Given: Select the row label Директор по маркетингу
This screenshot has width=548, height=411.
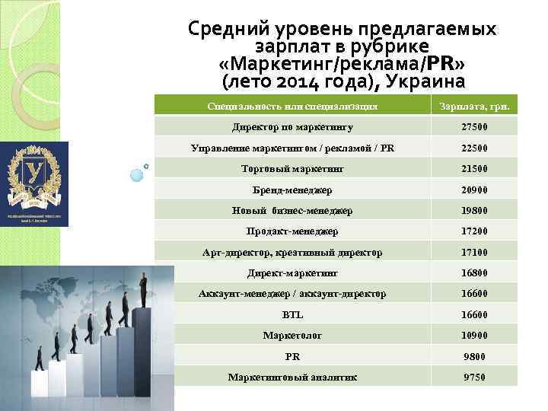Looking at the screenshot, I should (292, 127).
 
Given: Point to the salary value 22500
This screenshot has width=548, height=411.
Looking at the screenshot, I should (474, 148).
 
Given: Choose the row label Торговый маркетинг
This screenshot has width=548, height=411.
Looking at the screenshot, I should (292, 169).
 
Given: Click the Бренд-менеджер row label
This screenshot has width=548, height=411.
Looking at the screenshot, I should (292, 190).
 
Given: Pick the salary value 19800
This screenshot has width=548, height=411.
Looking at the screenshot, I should (474, 210).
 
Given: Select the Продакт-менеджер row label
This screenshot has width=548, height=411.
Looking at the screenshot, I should (292, 231).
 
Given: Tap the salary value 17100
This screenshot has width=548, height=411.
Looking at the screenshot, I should (474, 252).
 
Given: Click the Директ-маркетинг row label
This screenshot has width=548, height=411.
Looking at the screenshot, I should (292, 272).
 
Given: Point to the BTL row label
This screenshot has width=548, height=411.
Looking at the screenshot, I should (292, 314).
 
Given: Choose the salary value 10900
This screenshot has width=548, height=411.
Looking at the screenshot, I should (474, 335).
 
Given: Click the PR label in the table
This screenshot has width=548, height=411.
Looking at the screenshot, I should (292, 355).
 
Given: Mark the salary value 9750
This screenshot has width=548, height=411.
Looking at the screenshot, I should (474, 377).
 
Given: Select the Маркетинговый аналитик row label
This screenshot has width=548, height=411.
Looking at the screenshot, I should (292, 377).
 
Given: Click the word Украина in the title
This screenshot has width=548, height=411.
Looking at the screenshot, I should (423, 78).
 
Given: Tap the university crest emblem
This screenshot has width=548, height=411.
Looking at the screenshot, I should (35, 174).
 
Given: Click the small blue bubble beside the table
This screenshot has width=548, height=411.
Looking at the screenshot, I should (137, 175).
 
